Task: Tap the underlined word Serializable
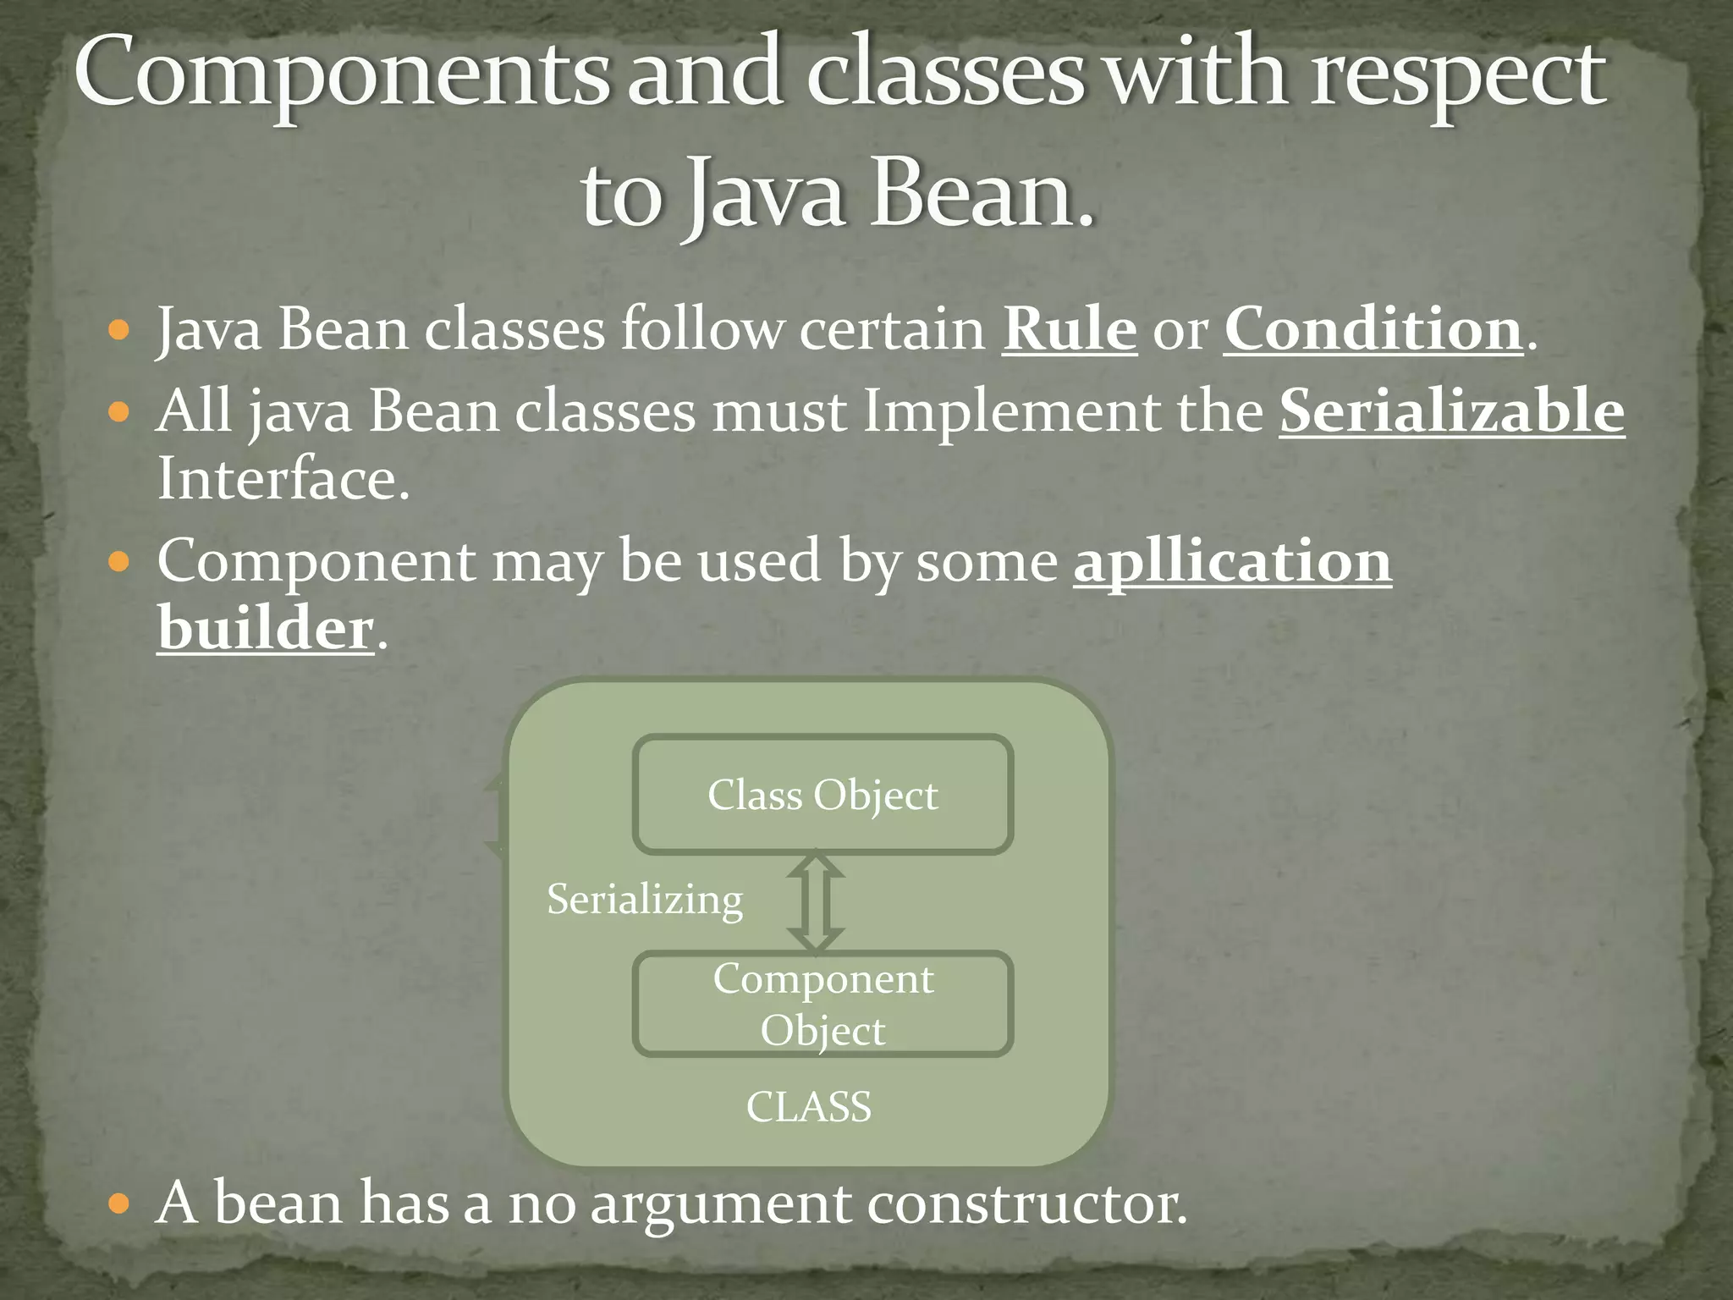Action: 1451,411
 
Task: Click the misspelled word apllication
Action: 1232,562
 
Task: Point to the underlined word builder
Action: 265,629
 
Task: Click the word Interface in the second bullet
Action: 283,479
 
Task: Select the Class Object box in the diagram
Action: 822,795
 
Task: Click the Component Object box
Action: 822,1005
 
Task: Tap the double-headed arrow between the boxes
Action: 816,902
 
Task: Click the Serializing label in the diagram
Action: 645,899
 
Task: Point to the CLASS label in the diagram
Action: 808,1107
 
